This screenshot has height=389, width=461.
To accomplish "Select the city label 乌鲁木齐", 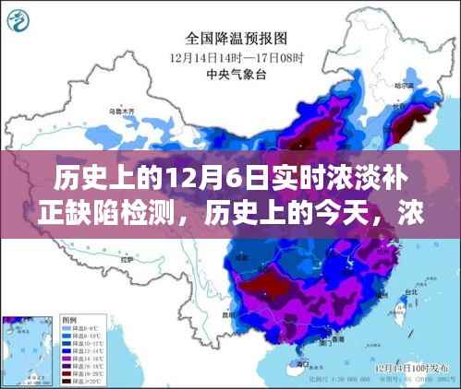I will tap(122, 112).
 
